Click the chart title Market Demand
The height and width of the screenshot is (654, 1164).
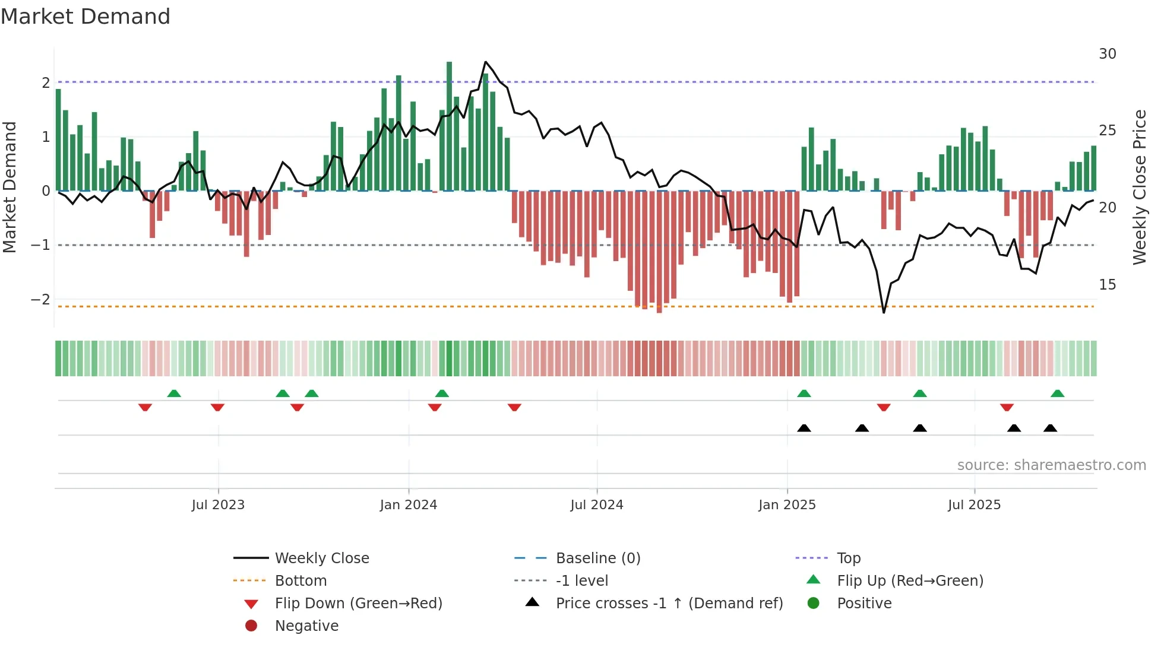pos(86,17)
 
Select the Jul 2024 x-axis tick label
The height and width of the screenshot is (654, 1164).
pos(597,505)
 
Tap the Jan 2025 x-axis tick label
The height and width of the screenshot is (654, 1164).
pos(787,505)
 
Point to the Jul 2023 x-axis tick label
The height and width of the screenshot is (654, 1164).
pos(218,505)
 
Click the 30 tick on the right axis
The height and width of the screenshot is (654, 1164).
pos(1107,54)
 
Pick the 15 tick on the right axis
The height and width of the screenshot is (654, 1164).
pos(1107,285)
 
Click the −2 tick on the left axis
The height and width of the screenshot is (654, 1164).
pos(40,300)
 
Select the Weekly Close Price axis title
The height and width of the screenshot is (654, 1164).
pos(1139,187)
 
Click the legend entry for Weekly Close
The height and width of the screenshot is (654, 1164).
pos(321,558)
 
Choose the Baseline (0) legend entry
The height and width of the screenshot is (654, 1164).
pos(597,558)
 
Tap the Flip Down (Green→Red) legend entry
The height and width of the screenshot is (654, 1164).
pos(358,604)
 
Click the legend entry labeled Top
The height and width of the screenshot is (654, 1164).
pos(849,558)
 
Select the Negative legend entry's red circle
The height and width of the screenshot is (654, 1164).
pos(251,626)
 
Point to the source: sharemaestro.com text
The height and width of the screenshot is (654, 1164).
pos(1051,465)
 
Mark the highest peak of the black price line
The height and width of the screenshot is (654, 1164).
pos(486,62)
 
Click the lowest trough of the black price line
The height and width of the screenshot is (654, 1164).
pos(884,312)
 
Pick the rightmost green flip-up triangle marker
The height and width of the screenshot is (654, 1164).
pos(1057,394)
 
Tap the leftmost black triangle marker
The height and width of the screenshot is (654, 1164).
pos(804,428)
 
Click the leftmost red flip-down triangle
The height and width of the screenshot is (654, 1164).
pos(145,407)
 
